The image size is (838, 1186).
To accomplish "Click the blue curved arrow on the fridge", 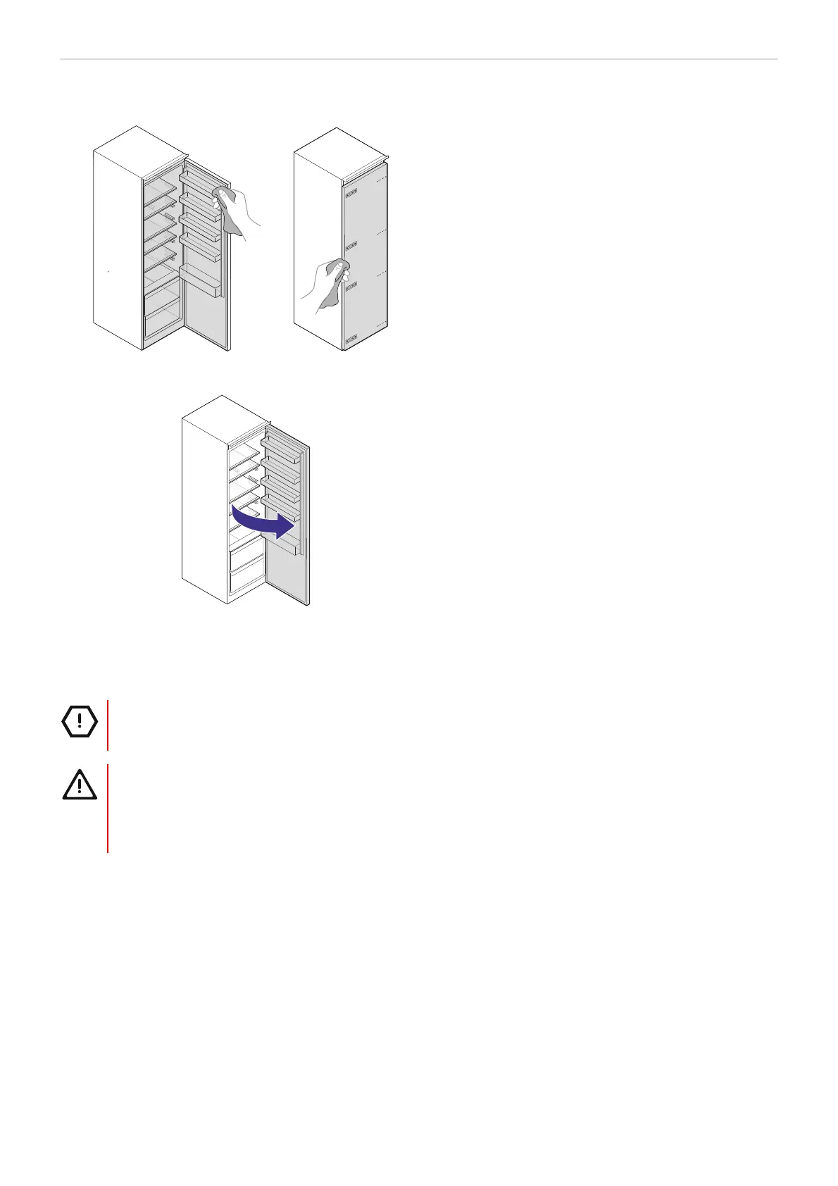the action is coord(261,521).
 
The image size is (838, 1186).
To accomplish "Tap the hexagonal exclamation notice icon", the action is coord(80,721).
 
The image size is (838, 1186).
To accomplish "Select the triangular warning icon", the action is coord(80,784).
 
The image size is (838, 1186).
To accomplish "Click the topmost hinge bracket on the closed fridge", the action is coord(350,191).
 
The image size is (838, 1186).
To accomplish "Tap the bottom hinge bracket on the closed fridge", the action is coord(350,339).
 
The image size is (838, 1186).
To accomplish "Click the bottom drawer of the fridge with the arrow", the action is coord(246,581).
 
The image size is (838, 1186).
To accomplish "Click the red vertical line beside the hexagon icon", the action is coord(108,725).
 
